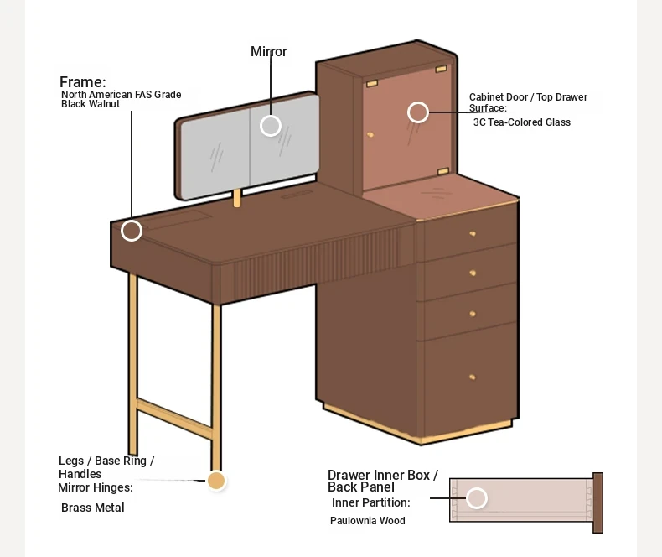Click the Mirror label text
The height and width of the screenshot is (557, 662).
point(268,51)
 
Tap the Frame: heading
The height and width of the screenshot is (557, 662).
point(83,82)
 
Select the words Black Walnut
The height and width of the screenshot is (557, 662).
point(91,104)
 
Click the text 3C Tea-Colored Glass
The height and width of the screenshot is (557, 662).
point(522,122)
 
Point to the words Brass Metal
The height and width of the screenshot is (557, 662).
point(93,508)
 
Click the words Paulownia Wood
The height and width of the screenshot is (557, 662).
point(368,521)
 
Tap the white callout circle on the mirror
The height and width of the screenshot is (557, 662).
point(271,126)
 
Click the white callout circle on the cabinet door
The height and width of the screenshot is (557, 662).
point(418,112)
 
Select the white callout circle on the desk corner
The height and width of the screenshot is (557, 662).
point(132,231)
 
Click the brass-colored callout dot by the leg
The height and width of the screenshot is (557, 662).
point(216,481)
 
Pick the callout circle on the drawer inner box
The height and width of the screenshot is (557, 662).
point(477,497)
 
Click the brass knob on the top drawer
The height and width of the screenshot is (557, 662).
point(473,234)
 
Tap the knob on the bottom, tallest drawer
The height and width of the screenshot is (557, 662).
point(473,377)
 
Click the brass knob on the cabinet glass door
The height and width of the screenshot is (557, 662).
point(370,135)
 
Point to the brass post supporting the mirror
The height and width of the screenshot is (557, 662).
point(237,198)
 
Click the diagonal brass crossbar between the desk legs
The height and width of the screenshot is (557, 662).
point(174,419)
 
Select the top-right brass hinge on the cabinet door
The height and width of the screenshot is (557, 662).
point(441,69)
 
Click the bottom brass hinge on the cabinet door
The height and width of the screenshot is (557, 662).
point(443,171)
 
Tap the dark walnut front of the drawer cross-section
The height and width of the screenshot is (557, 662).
point(597,503)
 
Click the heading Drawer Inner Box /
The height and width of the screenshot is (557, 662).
point(383,475)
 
